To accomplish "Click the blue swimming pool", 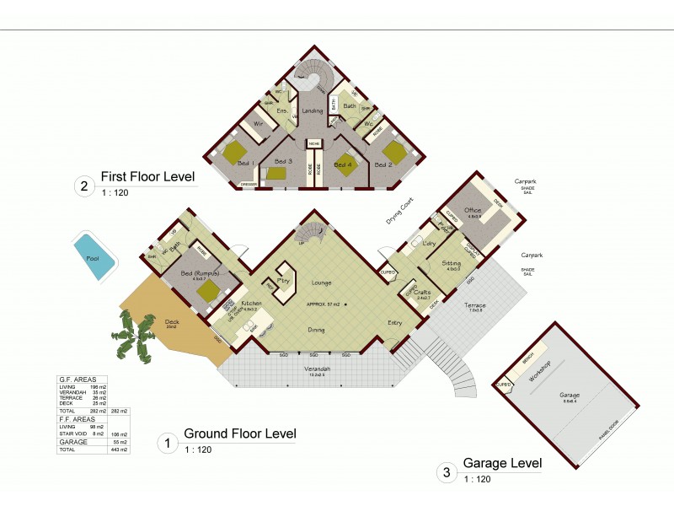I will pyautogui.click(x=94, y=256).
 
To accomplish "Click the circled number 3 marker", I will pyautogui.click(x=445, y=473).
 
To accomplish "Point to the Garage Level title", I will pyautogui.click(x=502, y=463).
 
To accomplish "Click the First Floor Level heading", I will pyautogui.click(x=147, y=177).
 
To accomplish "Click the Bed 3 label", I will pyautogui.click(x=283, y=160).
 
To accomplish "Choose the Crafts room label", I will pyautogui.click(x=422, y=292).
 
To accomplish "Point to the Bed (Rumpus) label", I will pyautogui.click(x=200, y=274).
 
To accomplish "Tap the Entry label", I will pyautogui.click(x=393, y=322).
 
